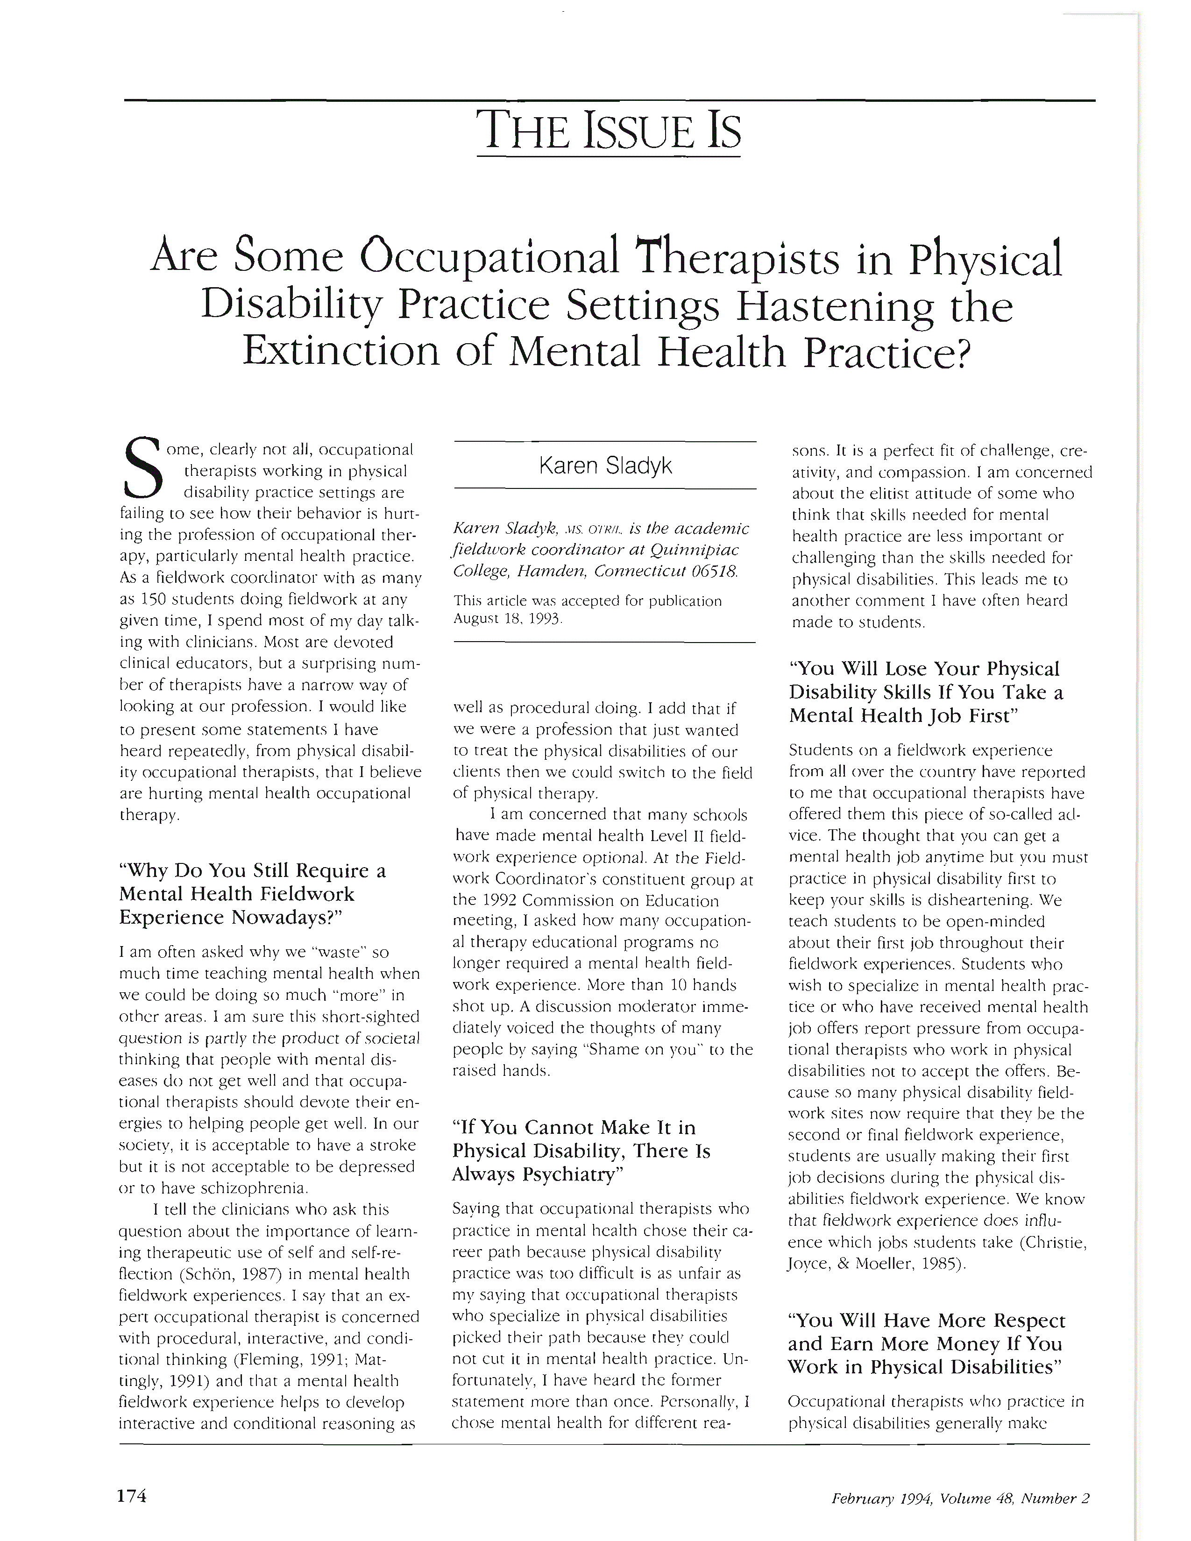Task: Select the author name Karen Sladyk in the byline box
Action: (x=605, y=465)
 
